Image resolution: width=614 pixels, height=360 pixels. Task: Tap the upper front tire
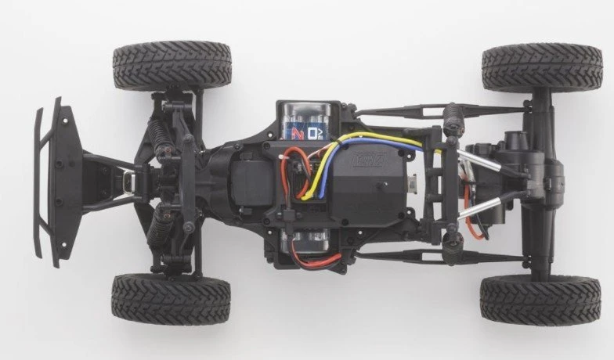(172, 66)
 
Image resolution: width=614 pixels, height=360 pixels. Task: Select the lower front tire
(172, 298)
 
